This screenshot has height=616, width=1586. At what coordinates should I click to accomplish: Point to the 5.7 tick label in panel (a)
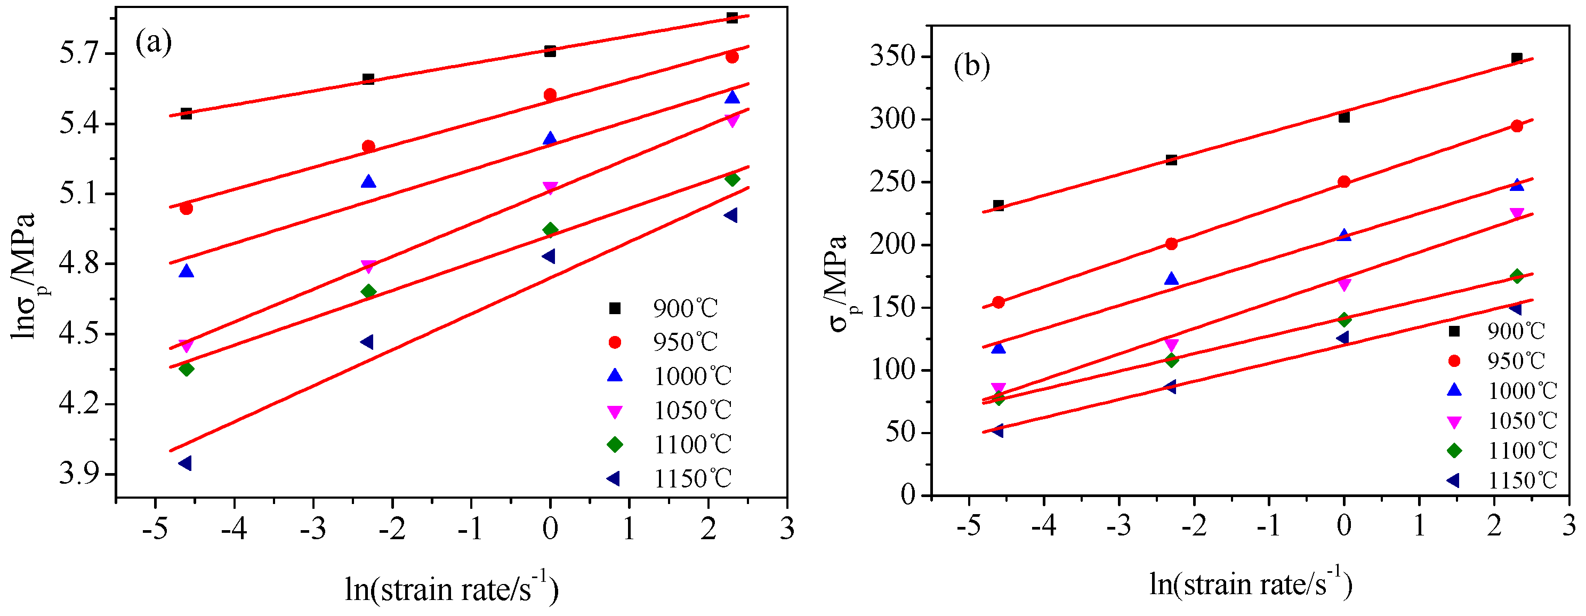click(x=79, y=53)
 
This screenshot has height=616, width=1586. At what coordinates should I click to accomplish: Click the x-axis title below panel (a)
click(x=452, y=588)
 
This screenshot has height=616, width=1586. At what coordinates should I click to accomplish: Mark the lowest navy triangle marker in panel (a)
click(x=184, y=463)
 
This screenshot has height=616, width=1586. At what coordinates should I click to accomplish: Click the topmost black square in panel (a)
click(x=732, y=17)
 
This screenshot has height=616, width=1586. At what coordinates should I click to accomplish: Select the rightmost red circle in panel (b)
click(x=1516, y=126)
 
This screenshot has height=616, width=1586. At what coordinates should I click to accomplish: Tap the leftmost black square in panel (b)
click(x=999, y=205)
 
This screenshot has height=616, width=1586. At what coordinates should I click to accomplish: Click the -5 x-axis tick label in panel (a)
click(x=155, y=529)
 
